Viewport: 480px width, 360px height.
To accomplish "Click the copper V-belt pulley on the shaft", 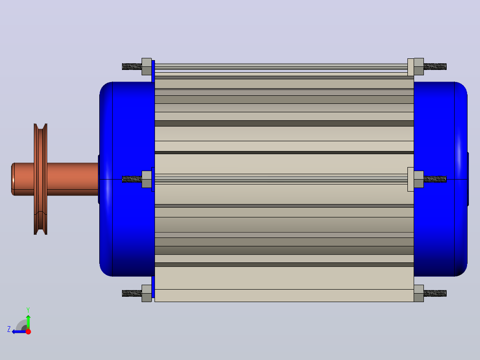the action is click(x=41, y=179).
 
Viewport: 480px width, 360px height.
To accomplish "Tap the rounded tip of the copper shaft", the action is click(x=12, y=179).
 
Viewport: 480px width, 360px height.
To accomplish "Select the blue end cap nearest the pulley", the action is click(x=127, y=179).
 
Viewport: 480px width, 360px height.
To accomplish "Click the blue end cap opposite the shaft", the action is click(x=440, y=179).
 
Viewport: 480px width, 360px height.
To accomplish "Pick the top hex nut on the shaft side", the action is click(x=146, y=66).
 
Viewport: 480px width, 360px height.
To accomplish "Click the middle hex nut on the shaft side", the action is click(x=146, y=179).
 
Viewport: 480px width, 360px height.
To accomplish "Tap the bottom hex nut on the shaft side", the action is click(x=146, y=293).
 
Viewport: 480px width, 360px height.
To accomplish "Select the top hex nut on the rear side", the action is click(x=419, y=66).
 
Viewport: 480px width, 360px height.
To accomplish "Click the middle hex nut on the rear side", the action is click(x=419, y=179).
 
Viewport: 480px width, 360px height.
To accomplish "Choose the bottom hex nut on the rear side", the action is click(x=419, y=293).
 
